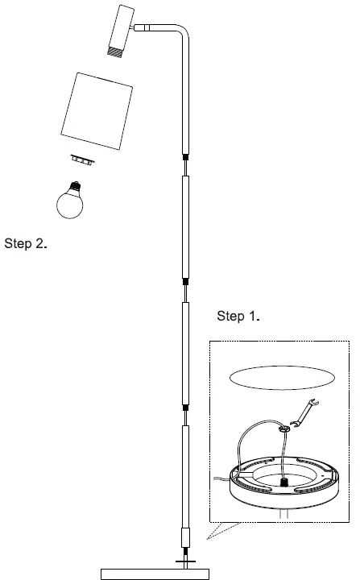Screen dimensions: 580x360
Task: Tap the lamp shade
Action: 96,111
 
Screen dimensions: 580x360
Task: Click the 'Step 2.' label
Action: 26,243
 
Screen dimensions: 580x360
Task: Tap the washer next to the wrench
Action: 283,430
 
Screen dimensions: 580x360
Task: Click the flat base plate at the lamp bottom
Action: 155,574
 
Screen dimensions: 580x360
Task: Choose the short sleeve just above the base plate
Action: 186,537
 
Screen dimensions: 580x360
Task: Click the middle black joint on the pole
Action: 186,281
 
